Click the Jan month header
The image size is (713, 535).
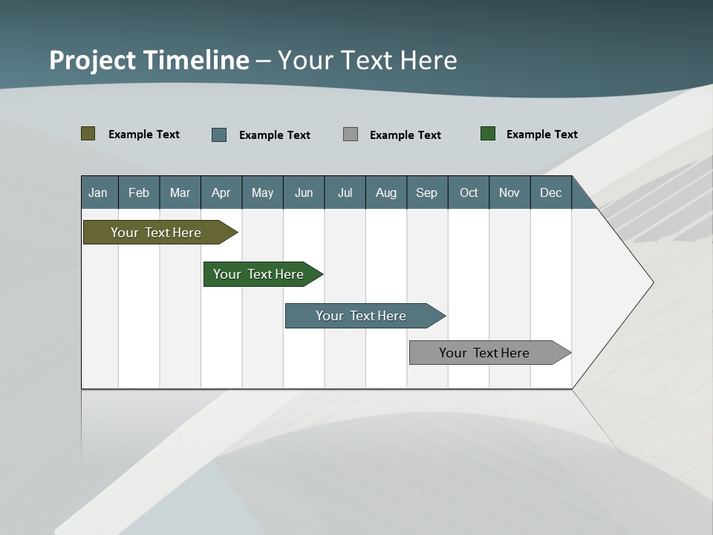click(x=99, y=192)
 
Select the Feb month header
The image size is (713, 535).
click(x=139, y=192)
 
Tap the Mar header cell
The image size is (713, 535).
click(x=180, y=192)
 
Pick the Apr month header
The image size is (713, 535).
click(x=221, y=192)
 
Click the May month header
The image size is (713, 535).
click(x=262, y=192)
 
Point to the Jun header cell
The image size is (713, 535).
click(x=304, y=192)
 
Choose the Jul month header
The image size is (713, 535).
click(x=345, y=192)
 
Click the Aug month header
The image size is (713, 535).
click(x=386, y=192)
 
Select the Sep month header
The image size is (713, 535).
click(x=427, y=192)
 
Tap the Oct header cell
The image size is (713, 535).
click(x=469, y=192)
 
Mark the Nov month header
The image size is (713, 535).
click(x=509, y=192)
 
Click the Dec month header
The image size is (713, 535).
click(x=550, y=192)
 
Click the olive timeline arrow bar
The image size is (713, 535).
click(x=157, y=233)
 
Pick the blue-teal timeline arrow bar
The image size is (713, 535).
click(x=362, y=316)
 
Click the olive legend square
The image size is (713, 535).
click(x=88, y=134)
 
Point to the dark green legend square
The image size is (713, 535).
click(x=488, y=134)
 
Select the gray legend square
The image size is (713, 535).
click(x=351, y=134)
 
